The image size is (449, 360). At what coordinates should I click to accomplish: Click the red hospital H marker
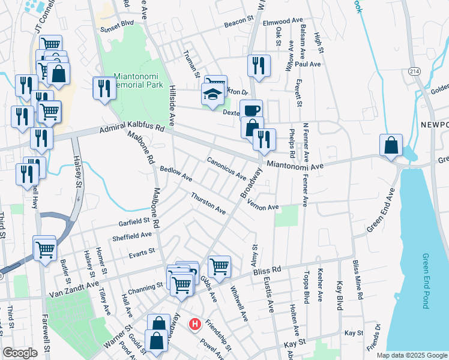pyautogui.click(x=195, y=325)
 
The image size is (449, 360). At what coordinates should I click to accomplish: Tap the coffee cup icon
pyautogui.click(x=252, y=110)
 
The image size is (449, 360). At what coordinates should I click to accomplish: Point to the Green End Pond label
pyautogui.click(x=426, y=280)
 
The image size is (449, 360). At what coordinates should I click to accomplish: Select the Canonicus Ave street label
pyautogui.click(x=227, y=169)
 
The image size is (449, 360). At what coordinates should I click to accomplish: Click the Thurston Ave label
pyautogui.click(x=208, y=204)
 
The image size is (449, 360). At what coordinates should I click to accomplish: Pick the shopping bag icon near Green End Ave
pyautogui.click(x=391, y=146)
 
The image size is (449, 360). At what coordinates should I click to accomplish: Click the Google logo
pyautogui.click(x=19, y=353)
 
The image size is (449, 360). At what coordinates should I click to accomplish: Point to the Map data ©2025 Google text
pyautogui.click(x=411, y=355)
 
